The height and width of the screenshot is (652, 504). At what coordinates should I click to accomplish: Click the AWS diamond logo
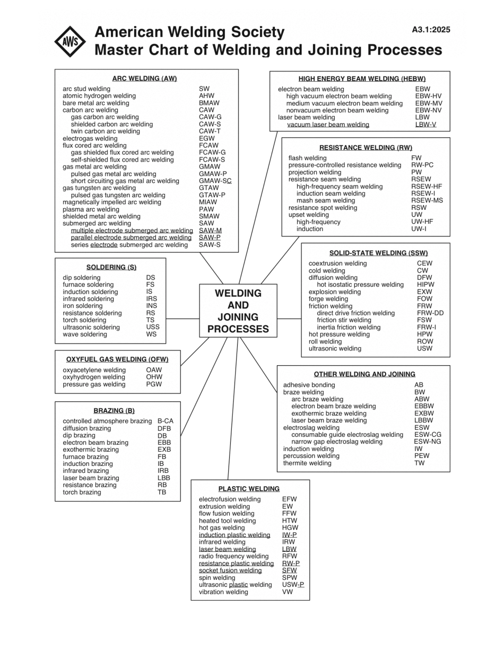[70, 42]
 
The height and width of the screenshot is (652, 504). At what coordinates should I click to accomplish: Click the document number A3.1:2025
[431, 30]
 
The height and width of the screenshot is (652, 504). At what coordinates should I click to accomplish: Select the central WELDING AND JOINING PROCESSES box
[238, 311]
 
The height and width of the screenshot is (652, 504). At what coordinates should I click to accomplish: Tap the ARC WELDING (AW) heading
[144, 78]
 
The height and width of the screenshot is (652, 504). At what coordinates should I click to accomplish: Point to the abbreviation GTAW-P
[212, 195]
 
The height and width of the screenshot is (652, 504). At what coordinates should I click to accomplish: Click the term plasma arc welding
[91, 209]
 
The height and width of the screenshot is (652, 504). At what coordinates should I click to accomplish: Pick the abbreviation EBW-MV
[429, 103]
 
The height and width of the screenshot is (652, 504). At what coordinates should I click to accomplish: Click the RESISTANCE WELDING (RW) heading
[366, 147]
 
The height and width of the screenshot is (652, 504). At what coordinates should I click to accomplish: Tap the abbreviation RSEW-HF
[427, 187]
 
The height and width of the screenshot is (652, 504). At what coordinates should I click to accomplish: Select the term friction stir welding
[344, 320]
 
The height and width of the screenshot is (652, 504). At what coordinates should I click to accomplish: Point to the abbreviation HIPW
[425, 285]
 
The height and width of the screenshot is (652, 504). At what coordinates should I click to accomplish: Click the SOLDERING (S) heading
[111, 267]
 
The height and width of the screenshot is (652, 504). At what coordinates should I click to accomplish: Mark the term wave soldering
[85, 334]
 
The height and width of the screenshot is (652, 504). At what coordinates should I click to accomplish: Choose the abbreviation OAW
[154, 370]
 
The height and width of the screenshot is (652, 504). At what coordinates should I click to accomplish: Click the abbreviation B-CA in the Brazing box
[166, 421]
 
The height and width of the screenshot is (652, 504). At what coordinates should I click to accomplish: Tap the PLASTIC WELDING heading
[249, 489]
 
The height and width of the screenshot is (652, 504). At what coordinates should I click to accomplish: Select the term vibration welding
[223, 592]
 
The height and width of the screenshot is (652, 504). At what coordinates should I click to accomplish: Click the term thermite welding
[307, 463]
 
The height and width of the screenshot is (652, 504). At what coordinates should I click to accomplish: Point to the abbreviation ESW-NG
[428, 442]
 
